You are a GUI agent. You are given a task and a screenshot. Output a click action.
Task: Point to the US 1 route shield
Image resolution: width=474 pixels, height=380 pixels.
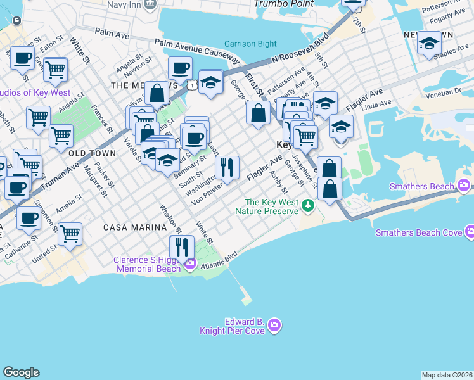[x=191, y=84]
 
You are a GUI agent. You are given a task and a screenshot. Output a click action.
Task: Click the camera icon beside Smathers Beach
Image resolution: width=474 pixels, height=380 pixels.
[x=464, y=185]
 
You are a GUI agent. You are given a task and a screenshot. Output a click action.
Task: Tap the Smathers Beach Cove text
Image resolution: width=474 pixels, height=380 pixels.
[x=418, y=232]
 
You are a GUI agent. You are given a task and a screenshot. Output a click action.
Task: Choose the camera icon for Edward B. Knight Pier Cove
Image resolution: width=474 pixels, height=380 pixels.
[x=274, y=326]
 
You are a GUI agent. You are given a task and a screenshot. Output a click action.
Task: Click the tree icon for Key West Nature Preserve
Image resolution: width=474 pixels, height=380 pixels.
[x=307, y=205]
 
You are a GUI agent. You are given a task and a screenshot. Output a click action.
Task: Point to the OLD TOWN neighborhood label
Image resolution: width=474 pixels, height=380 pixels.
[x=92, y=153]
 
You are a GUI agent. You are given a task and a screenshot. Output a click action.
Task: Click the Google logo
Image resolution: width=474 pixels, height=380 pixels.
[x=21, y=372]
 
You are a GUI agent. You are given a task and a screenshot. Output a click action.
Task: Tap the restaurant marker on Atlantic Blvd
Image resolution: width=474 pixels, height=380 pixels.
[x=183, y=246]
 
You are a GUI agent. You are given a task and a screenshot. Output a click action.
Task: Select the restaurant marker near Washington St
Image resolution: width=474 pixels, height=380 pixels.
[x=226, y=167]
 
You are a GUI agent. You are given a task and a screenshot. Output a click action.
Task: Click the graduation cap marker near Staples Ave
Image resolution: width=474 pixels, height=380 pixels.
[x=429, y=43]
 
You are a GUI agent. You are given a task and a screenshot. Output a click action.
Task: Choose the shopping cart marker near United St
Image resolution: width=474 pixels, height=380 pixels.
[x=70, y=233]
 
